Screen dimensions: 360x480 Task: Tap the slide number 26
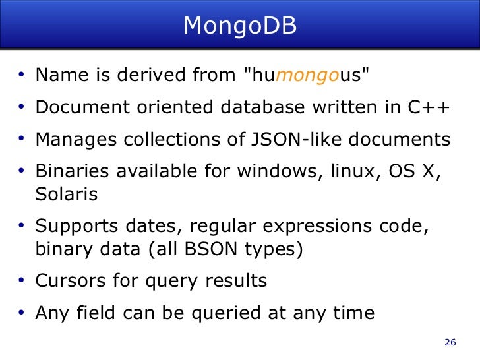tap(451, 342)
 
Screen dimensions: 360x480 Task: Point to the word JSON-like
tap(284, 140)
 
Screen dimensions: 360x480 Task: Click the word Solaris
tap(67, 194)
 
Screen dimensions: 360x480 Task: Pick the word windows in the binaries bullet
tap(266, 172)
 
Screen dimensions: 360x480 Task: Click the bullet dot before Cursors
tap(22, 281)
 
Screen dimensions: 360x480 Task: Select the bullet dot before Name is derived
tap(22, 75)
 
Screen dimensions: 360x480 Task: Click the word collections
tap(165, 140)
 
